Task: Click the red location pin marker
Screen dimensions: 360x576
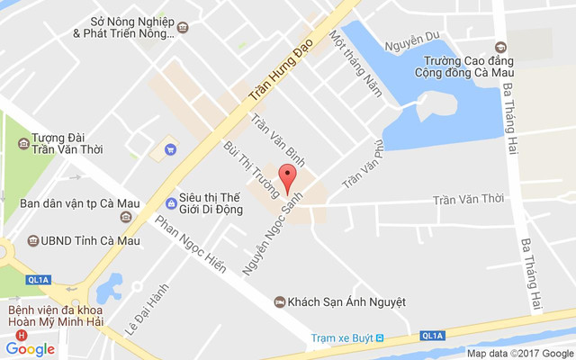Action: (287, 176)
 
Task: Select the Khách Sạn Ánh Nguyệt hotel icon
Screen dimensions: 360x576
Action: (279, 301)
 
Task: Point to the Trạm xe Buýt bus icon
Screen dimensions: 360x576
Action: (380, 338)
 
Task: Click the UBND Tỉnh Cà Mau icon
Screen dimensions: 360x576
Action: (32, 240)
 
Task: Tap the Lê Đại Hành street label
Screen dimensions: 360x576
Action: (134, 309)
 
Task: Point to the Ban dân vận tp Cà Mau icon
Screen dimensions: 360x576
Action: (124, 216)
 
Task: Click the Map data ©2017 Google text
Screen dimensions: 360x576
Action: (518, 353)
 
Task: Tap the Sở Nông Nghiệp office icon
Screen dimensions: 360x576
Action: (184, 28)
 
